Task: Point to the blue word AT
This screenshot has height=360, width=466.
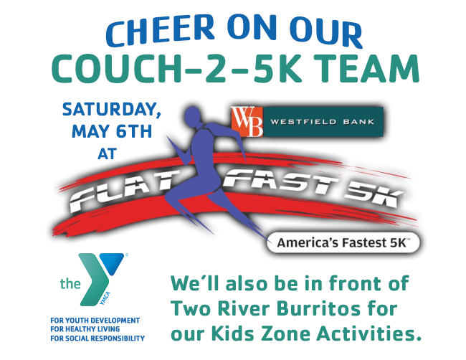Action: [107, 153]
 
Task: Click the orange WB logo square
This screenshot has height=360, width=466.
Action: [247, 122]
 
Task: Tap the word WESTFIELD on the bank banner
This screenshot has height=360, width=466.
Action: [303, 122]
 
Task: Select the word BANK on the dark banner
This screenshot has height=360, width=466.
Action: [358, 122]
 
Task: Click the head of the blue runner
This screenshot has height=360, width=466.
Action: [193, 115]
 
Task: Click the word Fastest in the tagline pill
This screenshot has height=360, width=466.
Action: [361, 243]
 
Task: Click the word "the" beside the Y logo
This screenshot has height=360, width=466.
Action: [70, 283]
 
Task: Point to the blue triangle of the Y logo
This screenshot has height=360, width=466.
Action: [113, 262]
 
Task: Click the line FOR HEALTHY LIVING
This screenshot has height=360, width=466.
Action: [85, 329]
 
